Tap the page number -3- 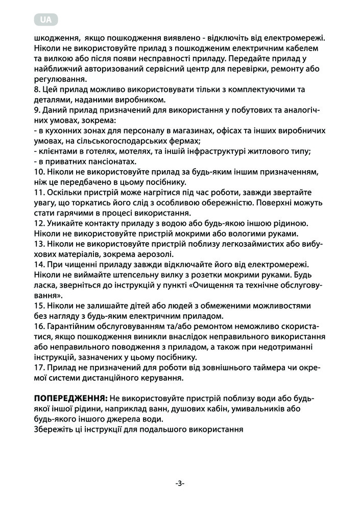click(x=180, y=483)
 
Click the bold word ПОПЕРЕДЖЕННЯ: click(x=70, y=398)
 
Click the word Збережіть click(x=53, y=429)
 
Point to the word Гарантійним click(x=72, y=326)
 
